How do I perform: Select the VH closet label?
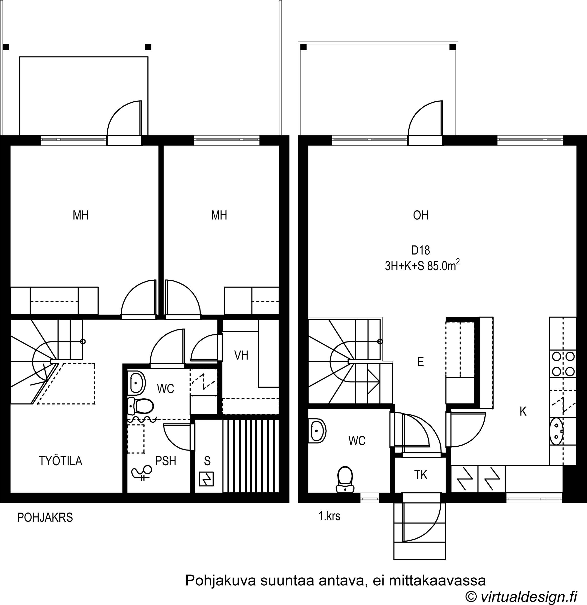point(241,355)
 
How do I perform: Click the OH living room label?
point(421,215)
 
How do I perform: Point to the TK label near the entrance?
point(421,475)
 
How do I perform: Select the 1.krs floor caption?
point(330,516)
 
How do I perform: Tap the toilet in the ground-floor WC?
point(141,406)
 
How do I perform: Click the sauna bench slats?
point(251,456)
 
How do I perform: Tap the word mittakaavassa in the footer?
point(437,580)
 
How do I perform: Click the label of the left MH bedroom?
point(81,215)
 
